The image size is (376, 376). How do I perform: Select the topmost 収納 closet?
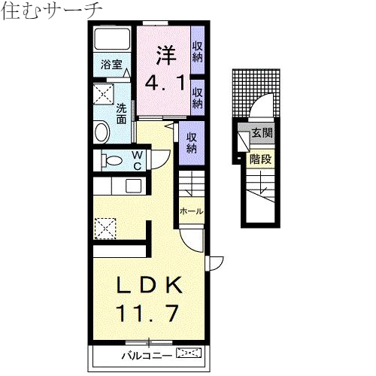coord(198,50)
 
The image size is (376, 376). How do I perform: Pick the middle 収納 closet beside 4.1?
coord(198,97)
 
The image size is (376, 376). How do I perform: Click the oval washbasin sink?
coord(102,131)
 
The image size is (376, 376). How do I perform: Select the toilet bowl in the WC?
coord(112,160)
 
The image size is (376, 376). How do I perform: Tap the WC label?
coord(138,161)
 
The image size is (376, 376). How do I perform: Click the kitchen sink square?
coord(134,186)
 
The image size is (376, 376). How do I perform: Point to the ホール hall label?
coord(191,212)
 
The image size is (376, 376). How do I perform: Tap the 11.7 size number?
coord(147,312)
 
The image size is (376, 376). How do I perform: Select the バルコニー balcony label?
coord(146,353)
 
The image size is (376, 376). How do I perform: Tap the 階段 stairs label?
coord(260,159)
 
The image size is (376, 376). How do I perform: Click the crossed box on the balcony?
coord(190,352)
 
